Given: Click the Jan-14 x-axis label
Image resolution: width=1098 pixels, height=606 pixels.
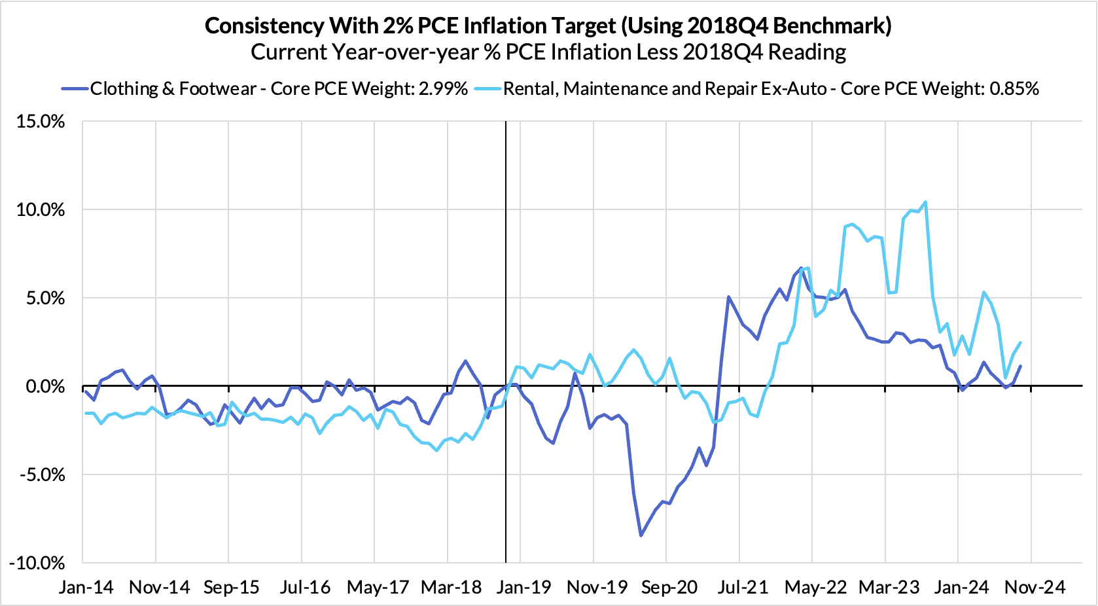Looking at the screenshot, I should point(86,587).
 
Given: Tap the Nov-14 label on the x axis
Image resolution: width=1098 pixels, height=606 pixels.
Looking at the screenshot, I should point(160,587).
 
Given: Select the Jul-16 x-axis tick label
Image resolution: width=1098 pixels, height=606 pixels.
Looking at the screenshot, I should point(305,587).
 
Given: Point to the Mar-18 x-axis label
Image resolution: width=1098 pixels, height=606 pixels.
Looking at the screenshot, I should point(451,587).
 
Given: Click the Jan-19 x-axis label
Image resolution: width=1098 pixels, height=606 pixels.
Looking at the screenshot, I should point(523,587).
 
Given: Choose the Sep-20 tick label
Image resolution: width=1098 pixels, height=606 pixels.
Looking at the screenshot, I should point(669,587).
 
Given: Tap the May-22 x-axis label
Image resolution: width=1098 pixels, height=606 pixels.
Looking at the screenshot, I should point(815,587).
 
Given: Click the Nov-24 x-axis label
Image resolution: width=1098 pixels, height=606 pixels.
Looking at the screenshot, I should point(1035,587).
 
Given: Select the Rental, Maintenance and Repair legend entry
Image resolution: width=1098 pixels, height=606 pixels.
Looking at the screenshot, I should point(771,89).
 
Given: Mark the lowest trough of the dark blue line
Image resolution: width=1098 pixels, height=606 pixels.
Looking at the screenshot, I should point(641,535).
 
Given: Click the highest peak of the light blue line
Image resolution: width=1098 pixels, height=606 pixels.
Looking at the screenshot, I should point(925,202).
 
